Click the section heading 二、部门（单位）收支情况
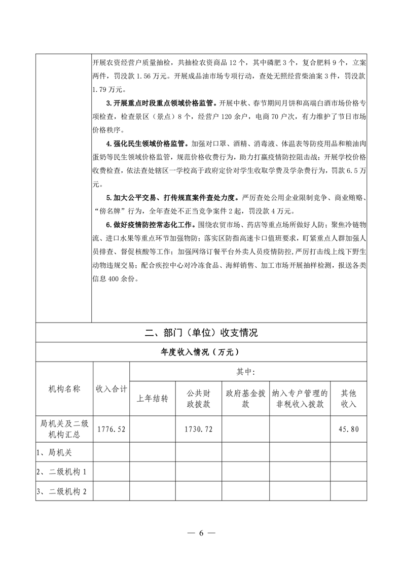[201, 333]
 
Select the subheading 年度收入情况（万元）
[201, 352]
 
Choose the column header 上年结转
[152, 398]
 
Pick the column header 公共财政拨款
[198, 398]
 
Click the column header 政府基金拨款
[245, 398]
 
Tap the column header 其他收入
[348, 398]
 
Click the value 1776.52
[111, 429]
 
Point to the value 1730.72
[198, 429]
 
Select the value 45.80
[348, 429]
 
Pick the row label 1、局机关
[53, 451]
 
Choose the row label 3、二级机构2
[61, 491]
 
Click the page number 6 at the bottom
[201, 533]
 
